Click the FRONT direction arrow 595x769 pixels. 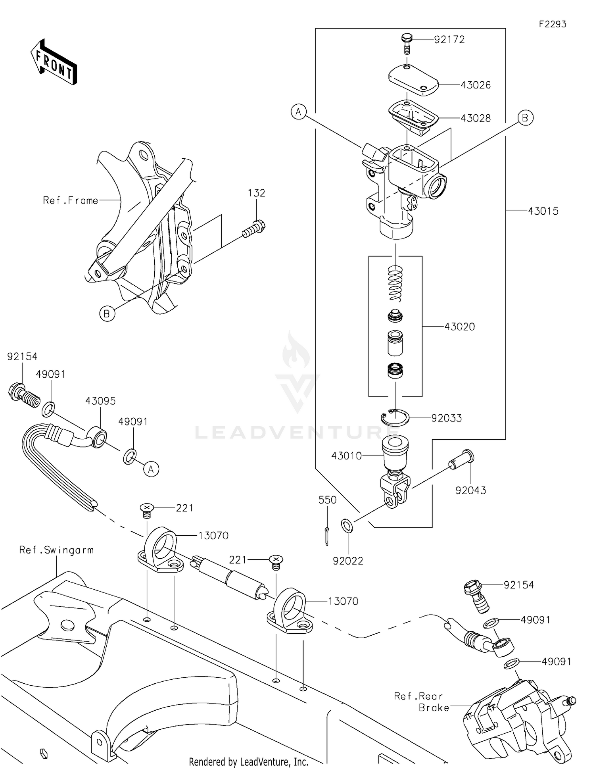point(54,63)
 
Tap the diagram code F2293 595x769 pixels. point(552,24)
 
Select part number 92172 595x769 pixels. point(449,40)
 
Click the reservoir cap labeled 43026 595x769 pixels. point(413,80)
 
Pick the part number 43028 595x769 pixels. point(475,118)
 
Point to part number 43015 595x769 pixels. point(543,211)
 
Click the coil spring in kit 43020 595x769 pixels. point(395,283)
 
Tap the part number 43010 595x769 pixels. point(346,456)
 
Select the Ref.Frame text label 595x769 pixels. point(70,201)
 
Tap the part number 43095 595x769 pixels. point(100,401)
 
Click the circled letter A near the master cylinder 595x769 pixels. point(299,112)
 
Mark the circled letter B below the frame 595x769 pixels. point(107,314)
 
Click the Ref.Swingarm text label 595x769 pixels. point(56,550)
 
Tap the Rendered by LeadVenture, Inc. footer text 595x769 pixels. point(248,762)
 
